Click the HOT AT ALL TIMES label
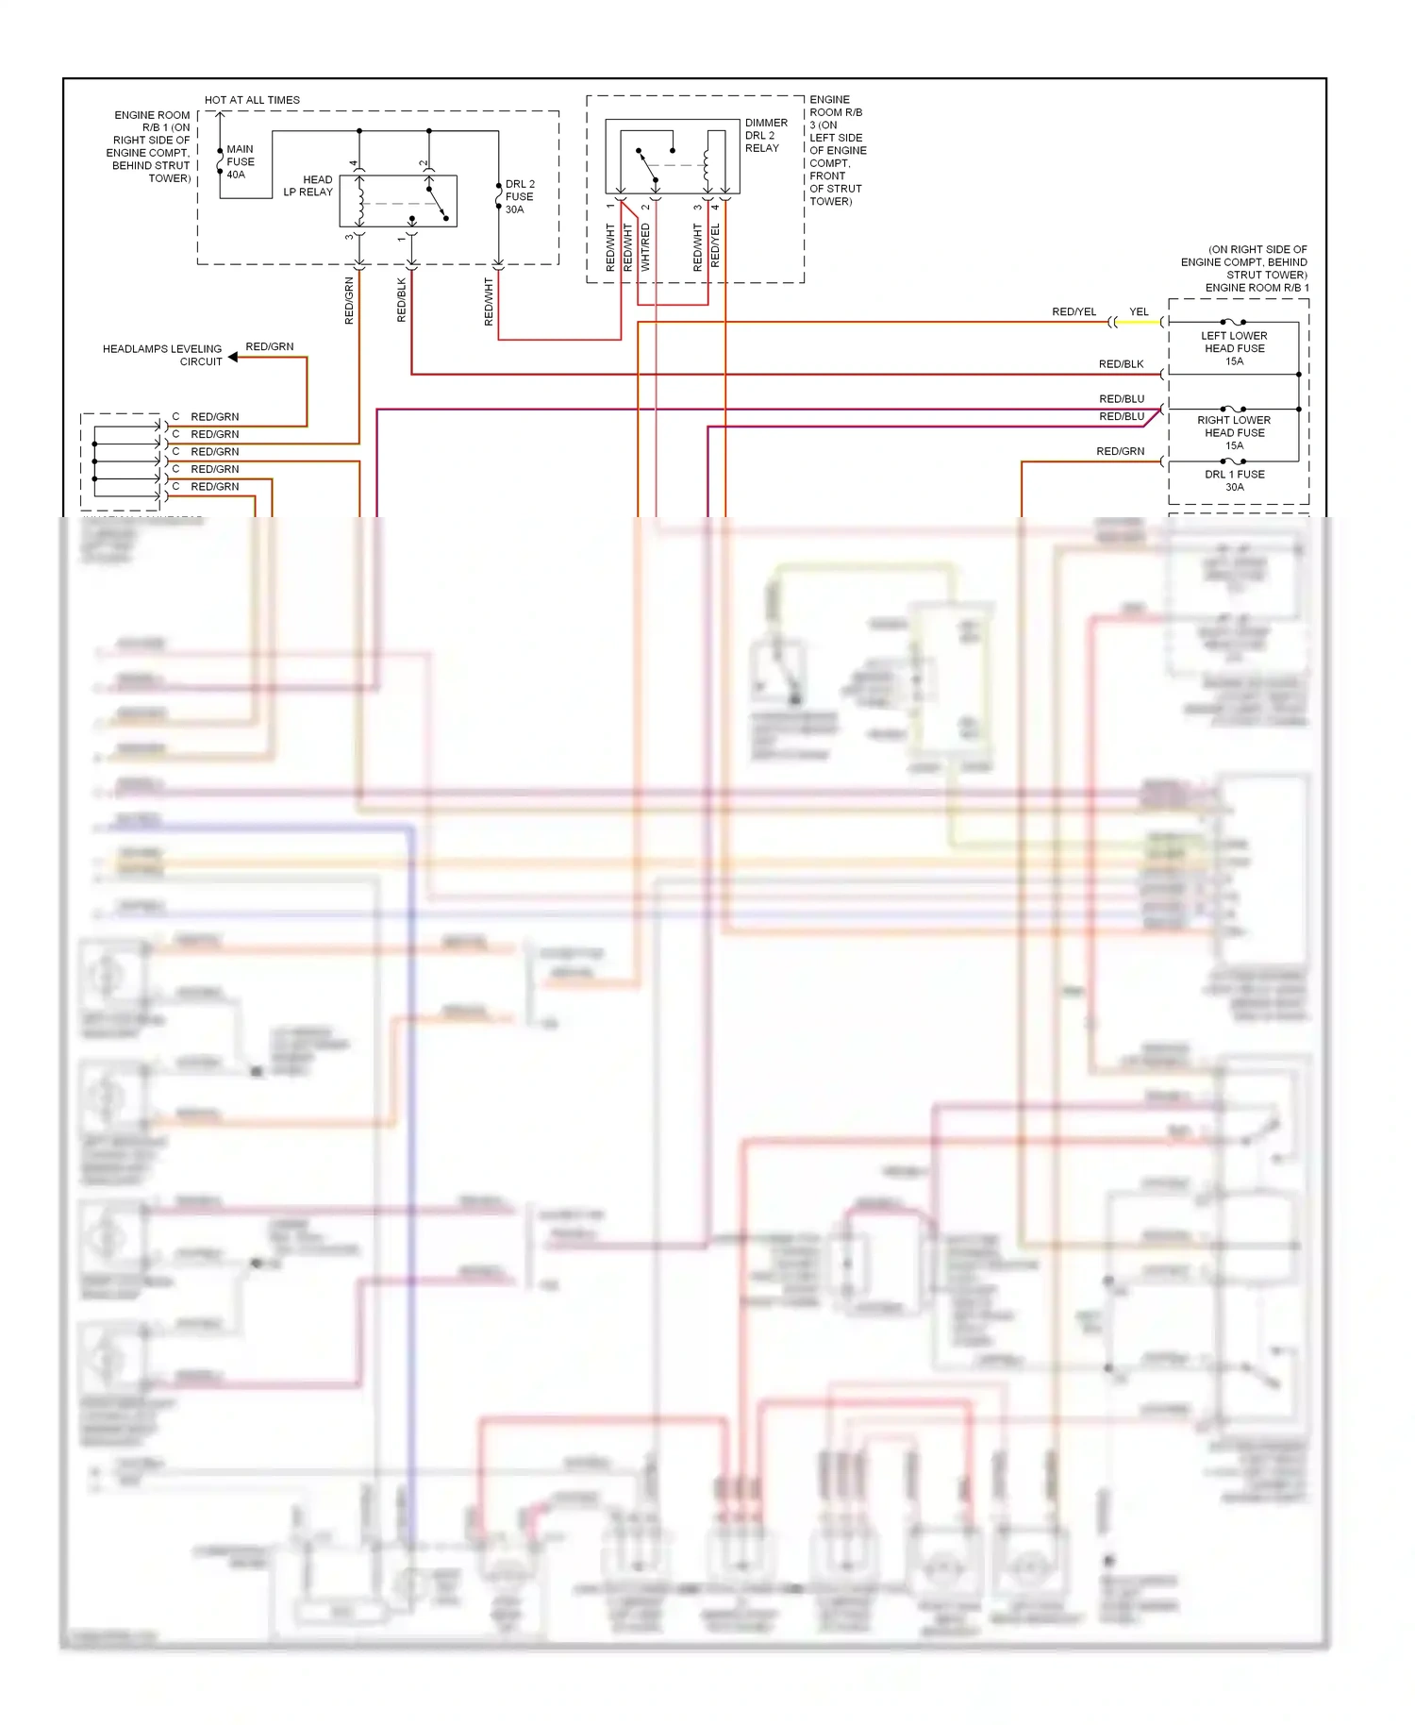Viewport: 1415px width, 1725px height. tap(252, 100)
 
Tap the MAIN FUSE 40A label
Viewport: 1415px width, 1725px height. tap(240, 161)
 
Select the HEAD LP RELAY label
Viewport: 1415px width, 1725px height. tap(309, 186)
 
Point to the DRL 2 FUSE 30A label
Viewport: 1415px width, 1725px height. tap(519, 196)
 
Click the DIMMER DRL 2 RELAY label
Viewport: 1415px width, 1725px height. tap(765, 135)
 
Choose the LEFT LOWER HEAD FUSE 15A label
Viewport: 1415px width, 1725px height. tap(1234, 348)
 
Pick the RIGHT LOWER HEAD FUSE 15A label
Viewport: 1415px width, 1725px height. tap(1234, 432)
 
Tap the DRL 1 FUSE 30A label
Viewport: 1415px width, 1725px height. tap(1234, 480)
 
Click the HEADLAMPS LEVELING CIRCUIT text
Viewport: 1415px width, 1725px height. tap(162, 355)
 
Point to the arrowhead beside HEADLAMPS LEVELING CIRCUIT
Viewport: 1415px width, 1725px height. tap(233, 357)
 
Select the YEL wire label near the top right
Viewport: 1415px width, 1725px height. tap(1139, 312)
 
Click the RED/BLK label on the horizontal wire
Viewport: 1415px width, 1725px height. tap(1121, 364)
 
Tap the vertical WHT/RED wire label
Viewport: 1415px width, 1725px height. tap(645, 247)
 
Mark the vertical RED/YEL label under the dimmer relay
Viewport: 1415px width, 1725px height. tap(715, 245)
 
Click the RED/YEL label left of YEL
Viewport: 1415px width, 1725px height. tap(1074, 312)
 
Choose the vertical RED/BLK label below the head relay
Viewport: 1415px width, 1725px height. tap(402, 300)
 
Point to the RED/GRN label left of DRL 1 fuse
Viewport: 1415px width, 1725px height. tap(1120, 452)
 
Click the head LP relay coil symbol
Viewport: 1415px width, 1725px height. tap(360, 201)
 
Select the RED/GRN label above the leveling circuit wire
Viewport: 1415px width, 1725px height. tap(270, 347)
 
